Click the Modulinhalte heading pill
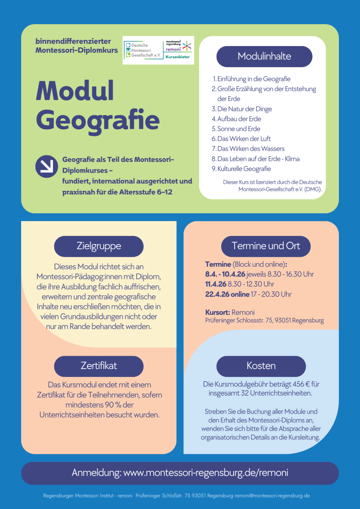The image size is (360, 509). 264,56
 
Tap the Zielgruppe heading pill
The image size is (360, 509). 99,246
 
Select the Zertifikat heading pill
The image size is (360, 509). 99,366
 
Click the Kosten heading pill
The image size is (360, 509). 261,366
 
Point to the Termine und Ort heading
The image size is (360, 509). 266,246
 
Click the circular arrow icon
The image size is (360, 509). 47,166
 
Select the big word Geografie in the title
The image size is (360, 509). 98,119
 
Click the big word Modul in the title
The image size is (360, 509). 75,91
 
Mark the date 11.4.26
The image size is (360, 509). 216,284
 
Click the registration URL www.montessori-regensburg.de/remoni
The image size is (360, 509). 206,473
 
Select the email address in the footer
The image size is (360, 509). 272,496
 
